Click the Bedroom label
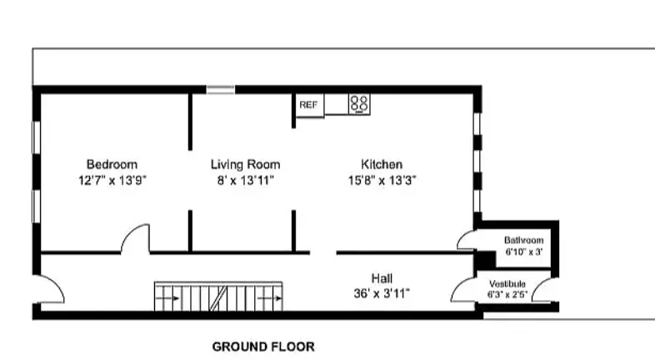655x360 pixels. [x=112, y=164]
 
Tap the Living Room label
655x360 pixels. [x=245, y=164]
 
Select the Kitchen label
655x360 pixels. [x=382, y=164]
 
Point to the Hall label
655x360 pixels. [x=382, y=277]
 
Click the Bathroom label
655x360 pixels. [x=523, y=240]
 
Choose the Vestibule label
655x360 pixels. [x=507, y=283]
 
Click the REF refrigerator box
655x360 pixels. [x=309, y=105]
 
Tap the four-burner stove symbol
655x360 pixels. [x=359, y=104]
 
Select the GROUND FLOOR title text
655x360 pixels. [x=263, y=347]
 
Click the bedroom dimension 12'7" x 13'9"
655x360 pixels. [x=112, y=179]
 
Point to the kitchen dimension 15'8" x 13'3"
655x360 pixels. [x=382, y=179]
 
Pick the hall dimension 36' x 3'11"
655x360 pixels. [x=382, y=292]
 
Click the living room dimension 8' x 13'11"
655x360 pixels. [x=245, y=179]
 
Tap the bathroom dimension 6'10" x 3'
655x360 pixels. [x=523, y=251]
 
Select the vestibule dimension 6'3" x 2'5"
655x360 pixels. [x=507, y=294]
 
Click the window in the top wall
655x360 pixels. [x=221, y=88]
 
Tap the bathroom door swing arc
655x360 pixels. [x=467, y=241]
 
